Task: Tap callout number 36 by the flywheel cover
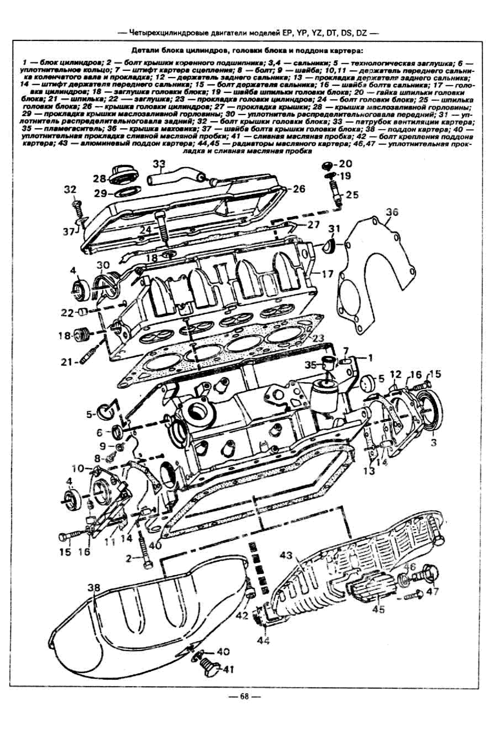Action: pyautogui.click(x=392, y=212)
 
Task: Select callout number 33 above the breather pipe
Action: pyautogui.click(x=159, y=164)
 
